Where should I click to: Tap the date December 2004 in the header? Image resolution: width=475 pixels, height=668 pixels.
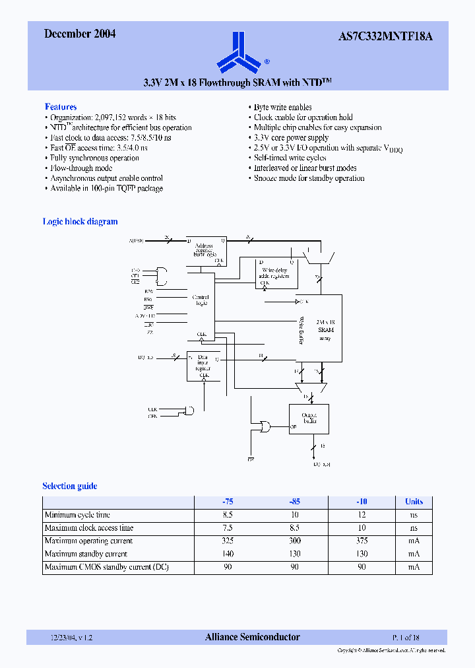point(80,34)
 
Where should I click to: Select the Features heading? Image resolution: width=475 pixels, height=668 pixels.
point(61,107)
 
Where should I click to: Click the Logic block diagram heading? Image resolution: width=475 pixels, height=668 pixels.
point(80,222)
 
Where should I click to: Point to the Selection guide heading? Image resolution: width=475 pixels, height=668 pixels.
point(70,486)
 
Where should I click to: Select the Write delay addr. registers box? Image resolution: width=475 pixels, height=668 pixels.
point(276,273)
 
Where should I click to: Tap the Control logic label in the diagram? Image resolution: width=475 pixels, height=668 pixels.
point(200,300)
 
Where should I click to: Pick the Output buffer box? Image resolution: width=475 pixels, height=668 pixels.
point(308,418)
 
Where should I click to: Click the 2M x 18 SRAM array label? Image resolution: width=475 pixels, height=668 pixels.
point(324,328)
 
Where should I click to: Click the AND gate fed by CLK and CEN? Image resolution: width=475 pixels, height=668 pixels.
point(189,411)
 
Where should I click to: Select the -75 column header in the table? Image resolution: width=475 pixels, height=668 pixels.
point(227,502)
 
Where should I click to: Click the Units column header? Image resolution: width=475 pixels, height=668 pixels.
point(414,502)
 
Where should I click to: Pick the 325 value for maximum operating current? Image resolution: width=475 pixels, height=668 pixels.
point(227,541)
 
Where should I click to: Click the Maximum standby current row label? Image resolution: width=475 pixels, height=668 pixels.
point(86,554)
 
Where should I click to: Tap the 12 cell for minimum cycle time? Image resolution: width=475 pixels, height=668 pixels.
point(361,515)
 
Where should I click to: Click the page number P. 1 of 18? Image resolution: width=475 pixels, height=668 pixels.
point(406,638)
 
